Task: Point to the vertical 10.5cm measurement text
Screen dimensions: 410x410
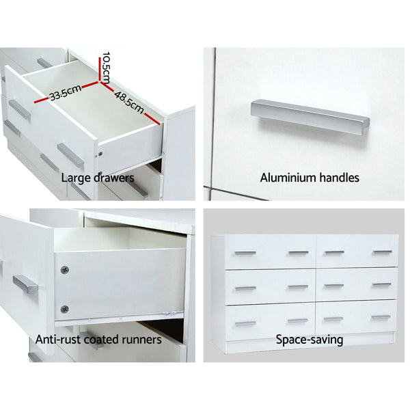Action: coord(106,66)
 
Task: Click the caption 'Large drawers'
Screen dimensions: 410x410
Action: coord(98,178)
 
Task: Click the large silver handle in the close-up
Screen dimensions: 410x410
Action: coord(310,117)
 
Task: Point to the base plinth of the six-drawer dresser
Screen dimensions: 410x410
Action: coord(305,340)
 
